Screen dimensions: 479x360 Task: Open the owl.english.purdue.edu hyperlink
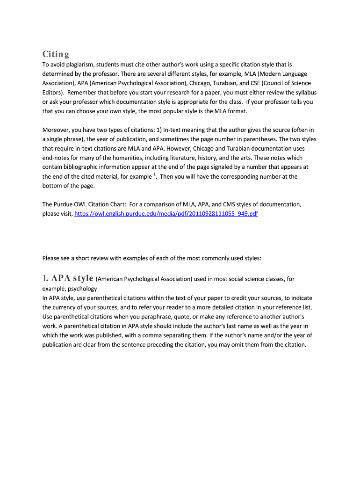166,214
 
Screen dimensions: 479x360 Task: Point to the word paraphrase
155,317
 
